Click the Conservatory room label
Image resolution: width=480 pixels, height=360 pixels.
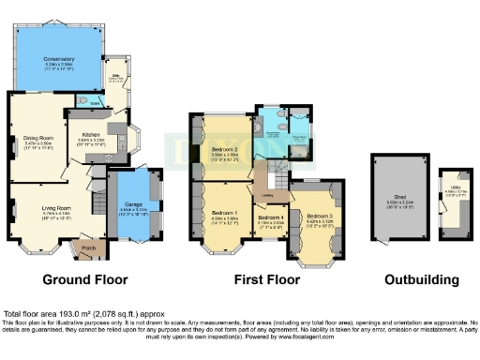tap(58, 59)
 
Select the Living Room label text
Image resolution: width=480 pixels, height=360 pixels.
tap(57, 208)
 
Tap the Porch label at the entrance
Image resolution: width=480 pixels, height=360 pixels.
tap(88, 248)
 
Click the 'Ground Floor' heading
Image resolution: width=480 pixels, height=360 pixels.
tap(86, 279)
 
